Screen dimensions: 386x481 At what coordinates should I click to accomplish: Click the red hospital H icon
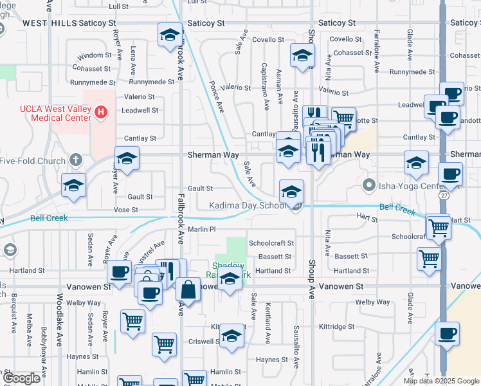click(x=100, y=113)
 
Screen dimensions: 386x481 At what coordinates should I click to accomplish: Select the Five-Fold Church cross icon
click(x=76, y=160)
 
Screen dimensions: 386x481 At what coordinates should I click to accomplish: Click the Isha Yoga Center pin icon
click(x=368, y=187)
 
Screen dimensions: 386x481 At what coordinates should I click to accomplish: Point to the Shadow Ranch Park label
click(x=228, y=270)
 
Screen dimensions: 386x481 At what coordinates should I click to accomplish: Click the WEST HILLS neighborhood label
click(x=49, y=23)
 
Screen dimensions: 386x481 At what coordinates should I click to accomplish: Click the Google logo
click(x=22, y=379)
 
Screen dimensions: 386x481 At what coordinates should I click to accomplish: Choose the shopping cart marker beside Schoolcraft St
click(x=438, y=226)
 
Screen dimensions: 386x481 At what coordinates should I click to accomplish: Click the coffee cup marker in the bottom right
click(x=447, y=334)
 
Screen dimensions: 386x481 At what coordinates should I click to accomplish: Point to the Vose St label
click(x=125, y=210)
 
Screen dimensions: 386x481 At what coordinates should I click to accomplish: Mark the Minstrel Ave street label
click(x=150, y=252)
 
